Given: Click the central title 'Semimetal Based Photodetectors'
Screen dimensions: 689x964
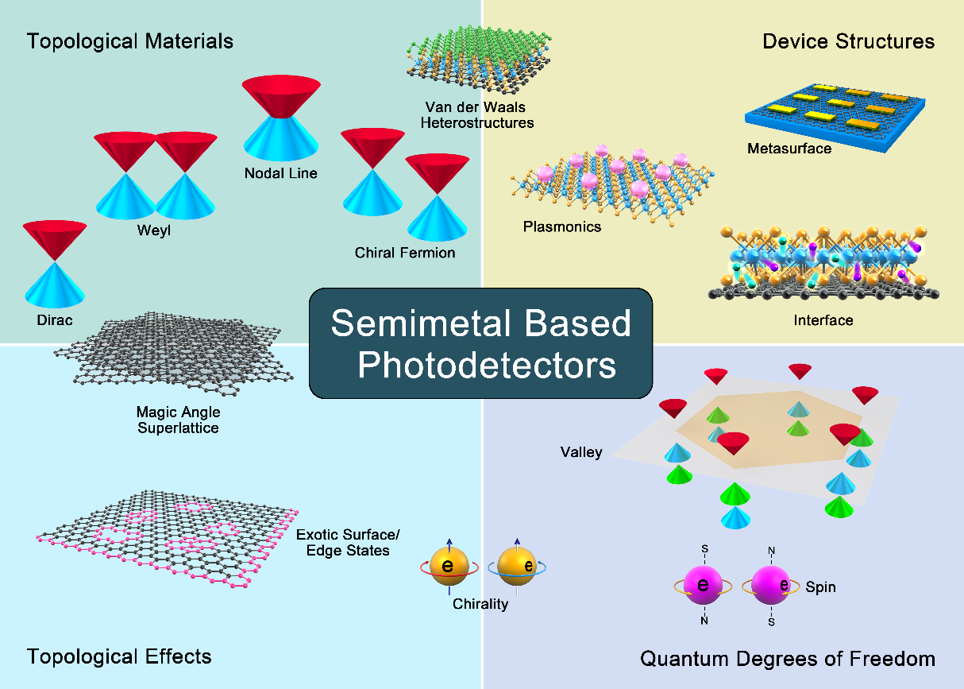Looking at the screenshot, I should [x=481, y=343].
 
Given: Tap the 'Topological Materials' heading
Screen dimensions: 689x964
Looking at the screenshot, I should [x=130, y=41].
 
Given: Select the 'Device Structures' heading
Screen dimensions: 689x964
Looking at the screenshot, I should [x=848, y=41].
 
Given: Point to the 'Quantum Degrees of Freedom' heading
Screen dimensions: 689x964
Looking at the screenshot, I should [x=787, y=659].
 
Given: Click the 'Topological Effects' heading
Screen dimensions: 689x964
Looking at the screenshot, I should [x=119, y=656].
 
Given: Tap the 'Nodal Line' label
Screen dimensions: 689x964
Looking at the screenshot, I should [x=280, y=172].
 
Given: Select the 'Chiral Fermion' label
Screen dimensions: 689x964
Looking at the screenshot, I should [x=405, y=253].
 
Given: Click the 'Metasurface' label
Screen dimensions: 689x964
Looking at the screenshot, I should [x=789, y=148].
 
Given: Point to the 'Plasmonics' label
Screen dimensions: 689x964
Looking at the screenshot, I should [x=562, y=226].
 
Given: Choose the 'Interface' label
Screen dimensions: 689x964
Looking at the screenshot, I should [x=823, y=320].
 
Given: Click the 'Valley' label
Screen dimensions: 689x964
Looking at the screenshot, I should [x=581, y=452].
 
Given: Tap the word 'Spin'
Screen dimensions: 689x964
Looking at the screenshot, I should [x=820, y=588].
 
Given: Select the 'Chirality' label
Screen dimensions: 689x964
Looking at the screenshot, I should [x=480, y=604].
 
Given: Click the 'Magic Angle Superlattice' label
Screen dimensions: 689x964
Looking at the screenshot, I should [x=178, y=420].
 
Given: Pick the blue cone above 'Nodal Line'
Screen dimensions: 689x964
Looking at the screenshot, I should [x=281, y=140].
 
